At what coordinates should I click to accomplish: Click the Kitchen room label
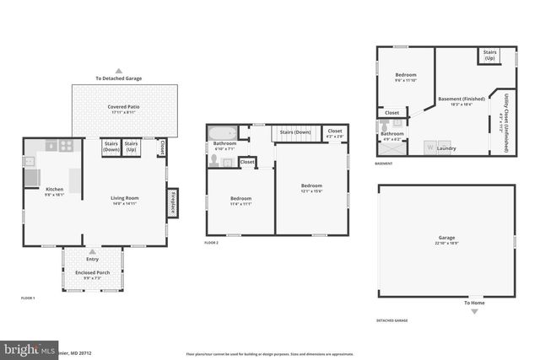coord(54,189)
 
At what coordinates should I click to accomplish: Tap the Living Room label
coord(124,198)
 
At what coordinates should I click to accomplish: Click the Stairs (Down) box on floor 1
coord(111,147)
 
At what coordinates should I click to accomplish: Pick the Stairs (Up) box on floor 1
coord(132,147)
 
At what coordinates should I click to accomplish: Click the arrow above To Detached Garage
coord(119,71)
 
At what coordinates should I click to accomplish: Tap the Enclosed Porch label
coord(92,274)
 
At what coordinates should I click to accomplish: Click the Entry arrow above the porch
coord(92,252)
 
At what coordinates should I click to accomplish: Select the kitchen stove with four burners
coord(67,146)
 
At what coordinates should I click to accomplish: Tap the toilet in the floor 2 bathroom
coord(215,158)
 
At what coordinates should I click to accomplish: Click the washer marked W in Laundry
coord(429,148)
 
